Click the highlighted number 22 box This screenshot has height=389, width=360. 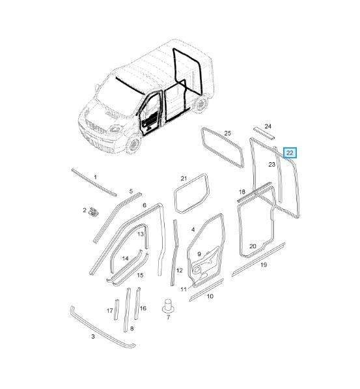(290, 153)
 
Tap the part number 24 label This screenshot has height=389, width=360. (268, 126)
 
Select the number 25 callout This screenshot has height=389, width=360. (227, 133)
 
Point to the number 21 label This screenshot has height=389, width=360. (184, 179)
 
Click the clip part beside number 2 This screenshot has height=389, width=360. (94, 212)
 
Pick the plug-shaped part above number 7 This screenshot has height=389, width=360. (169, 306)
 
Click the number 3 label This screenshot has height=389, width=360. (93, 337)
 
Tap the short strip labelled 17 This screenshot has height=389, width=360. (117, 310)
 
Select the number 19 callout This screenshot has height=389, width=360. (264, 265)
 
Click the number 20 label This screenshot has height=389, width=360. (253, 246)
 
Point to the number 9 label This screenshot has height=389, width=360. (199, 254)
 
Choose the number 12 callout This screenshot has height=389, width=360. (179, 270)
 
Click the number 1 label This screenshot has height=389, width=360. (96, 177)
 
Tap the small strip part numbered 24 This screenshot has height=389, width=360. (264, 134)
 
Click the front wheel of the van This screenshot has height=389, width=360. (134, 144)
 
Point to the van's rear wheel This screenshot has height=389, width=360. (201, 104)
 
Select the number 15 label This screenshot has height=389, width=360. (140, 275)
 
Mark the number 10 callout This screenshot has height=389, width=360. (210, 296)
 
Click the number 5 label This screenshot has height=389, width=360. (131, 192)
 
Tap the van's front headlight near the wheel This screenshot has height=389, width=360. (115, 129)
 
